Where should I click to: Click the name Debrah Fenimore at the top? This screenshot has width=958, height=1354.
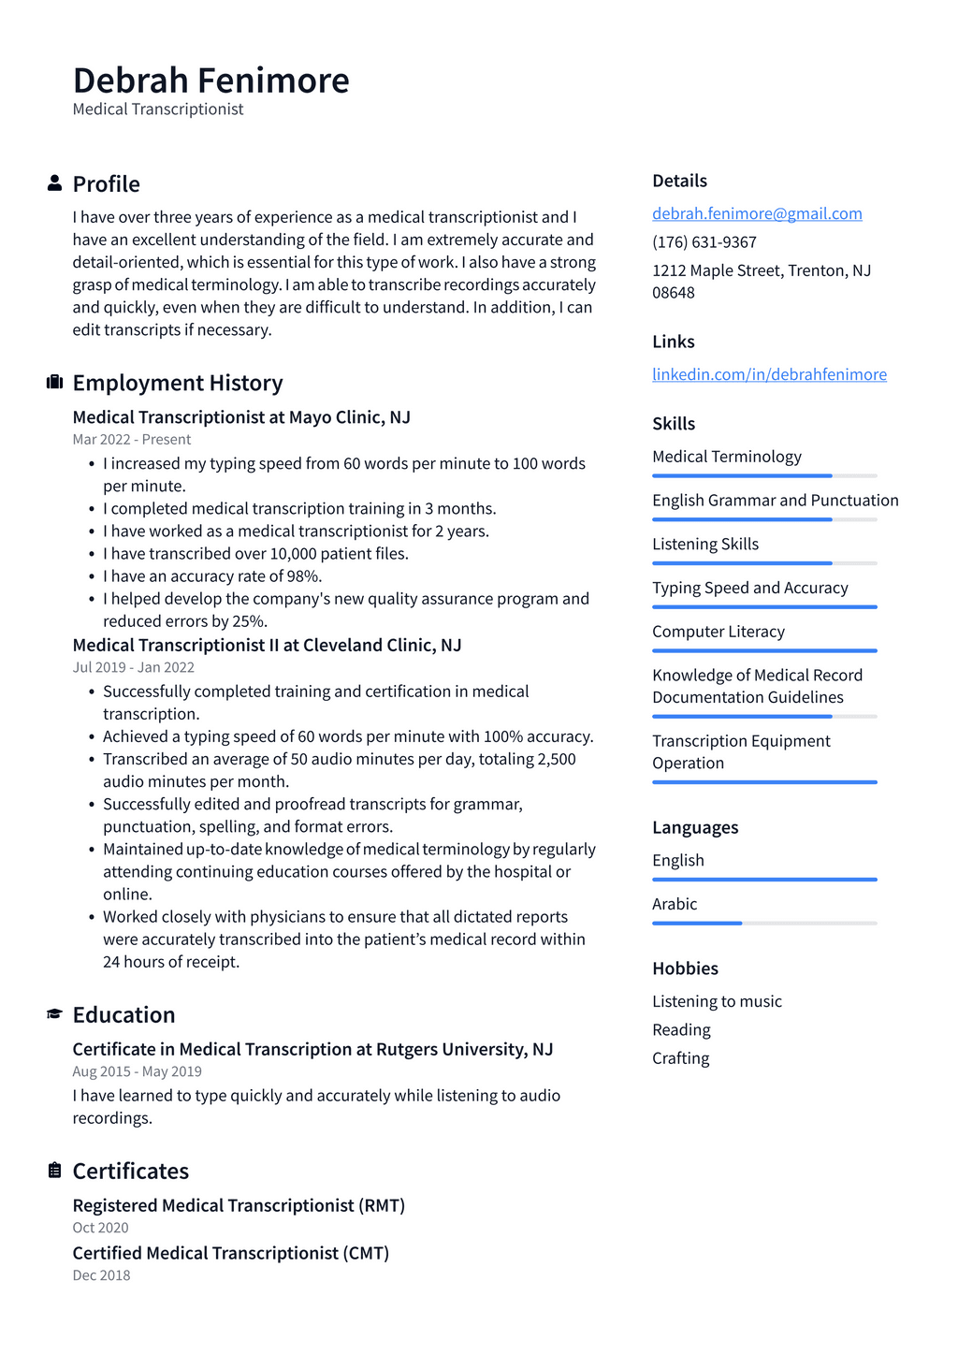click(x=210, y=80)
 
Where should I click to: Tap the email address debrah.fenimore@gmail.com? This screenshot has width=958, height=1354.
click(x=757, y=213)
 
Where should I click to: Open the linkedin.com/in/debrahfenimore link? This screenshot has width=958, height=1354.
click(x=769, y=374)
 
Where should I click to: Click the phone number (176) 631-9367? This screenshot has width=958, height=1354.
click(x=704, y=241)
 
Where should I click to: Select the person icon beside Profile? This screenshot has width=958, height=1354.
click(x=54, y=183)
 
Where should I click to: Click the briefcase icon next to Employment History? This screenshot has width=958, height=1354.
click(x=54, y=382)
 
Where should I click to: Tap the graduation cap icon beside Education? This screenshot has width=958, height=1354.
click(x=54, y=1014)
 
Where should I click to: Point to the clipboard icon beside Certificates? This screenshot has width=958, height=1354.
click(x=54, y=1171)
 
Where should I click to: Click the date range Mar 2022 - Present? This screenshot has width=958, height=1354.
click(x=132, y=440)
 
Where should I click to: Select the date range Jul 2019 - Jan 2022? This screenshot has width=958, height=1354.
click(x=134, y=667)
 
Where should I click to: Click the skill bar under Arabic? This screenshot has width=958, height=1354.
click(x=764, y=924)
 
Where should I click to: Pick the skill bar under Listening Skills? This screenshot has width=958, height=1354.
click(x=764, y=563)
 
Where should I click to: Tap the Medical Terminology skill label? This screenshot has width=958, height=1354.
click(x=727, y=457)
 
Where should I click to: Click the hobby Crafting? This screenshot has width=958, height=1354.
click(x=680, y=1058)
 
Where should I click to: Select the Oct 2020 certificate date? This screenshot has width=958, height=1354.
click(x=100, y=1228)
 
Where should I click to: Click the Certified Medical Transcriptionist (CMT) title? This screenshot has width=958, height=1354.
click(x=230, y=1253)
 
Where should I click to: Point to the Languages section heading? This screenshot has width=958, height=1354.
click(x=695, y=827)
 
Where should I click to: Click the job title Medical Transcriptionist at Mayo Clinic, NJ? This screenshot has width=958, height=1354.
click(x=241, y=417)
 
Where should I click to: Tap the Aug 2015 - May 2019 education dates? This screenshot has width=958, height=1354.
click(x=137, y=1071)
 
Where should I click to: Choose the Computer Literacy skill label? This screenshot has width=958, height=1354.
click(x=718, y=632)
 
